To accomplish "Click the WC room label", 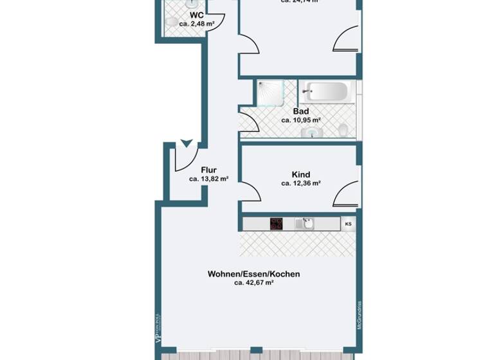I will [197, 14].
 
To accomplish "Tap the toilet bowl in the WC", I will [170, 22].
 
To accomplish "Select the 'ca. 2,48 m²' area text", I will [197, 24].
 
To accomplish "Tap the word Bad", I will [301, 111].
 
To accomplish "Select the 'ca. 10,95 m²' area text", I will [301, 120].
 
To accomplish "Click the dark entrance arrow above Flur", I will [187, 143].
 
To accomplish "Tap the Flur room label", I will [208, 170].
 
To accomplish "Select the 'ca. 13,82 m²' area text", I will [208, 179].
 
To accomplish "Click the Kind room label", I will [301, 174].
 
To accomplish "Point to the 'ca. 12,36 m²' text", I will [301, 183].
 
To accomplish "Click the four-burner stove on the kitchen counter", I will [277, 224].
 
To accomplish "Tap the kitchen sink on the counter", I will [305, 224].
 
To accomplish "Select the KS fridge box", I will [349, 224].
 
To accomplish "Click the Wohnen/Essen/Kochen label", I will [253, 274].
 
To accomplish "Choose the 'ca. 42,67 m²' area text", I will [253, 283].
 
